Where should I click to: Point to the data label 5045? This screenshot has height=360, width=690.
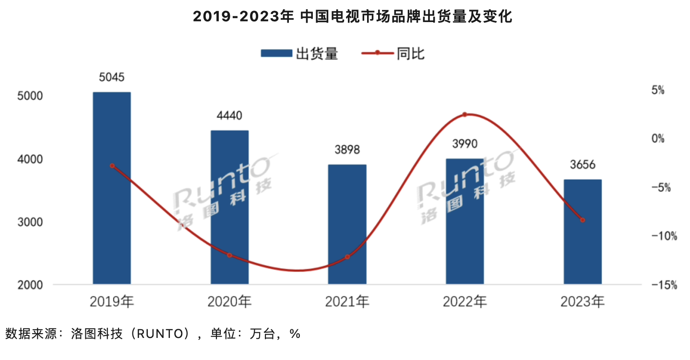point(111,77)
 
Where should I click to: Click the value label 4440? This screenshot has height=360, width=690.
point(229,116)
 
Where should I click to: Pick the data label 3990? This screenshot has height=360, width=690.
point(464,144)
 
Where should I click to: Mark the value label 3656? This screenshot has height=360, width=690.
point(583,165)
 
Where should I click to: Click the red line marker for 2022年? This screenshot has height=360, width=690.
point(464,115)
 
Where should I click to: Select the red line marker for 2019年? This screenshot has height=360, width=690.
point(112,166)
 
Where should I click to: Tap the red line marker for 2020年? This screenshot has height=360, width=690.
point(229,255)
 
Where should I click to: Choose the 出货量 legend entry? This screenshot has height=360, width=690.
point(299,53)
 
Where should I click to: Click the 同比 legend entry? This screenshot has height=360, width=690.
point(393,53)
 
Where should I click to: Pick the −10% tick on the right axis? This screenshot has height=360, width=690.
point(665,236)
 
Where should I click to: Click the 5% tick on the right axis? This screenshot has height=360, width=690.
point(670,90)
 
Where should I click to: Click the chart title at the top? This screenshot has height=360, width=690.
point(353,17)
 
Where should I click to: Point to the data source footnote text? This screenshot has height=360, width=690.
point(153,333)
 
